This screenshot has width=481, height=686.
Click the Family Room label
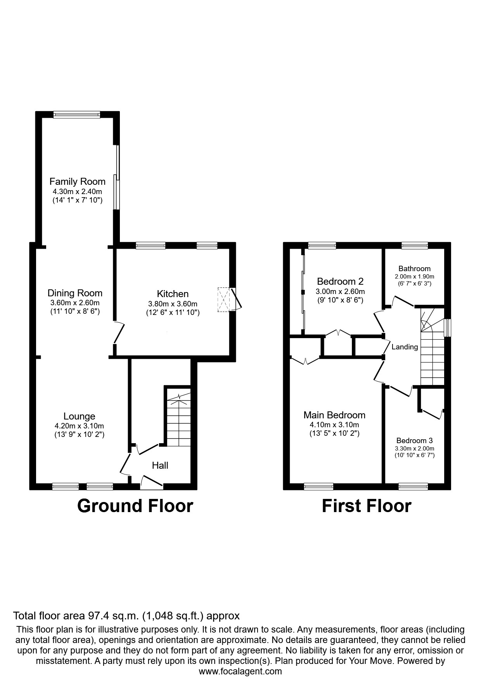77,182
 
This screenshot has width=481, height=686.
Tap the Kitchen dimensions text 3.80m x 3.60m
173,304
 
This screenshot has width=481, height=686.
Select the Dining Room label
75,293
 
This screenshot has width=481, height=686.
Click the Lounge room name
79,416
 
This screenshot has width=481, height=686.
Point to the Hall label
160,465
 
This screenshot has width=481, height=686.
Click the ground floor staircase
178,418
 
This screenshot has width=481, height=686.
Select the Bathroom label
414,268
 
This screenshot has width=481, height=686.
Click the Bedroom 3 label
414,440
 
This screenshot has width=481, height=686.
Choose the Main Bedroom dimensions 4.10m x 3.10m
334,425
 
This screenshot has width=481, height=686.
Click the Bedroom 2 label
340,281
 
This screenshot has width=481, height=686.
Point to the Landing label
405,347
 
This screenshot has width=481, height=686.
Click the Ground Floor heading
135,506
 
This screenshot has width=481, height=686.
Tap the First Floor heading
366,506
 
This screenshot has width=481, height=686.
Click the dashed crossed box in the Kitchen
224,299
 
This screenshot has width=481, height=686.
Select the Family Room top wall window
77,114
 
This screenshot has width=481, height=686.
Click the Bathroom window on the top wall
414,245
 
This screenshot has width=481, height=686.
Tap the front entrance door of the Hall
152,483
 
